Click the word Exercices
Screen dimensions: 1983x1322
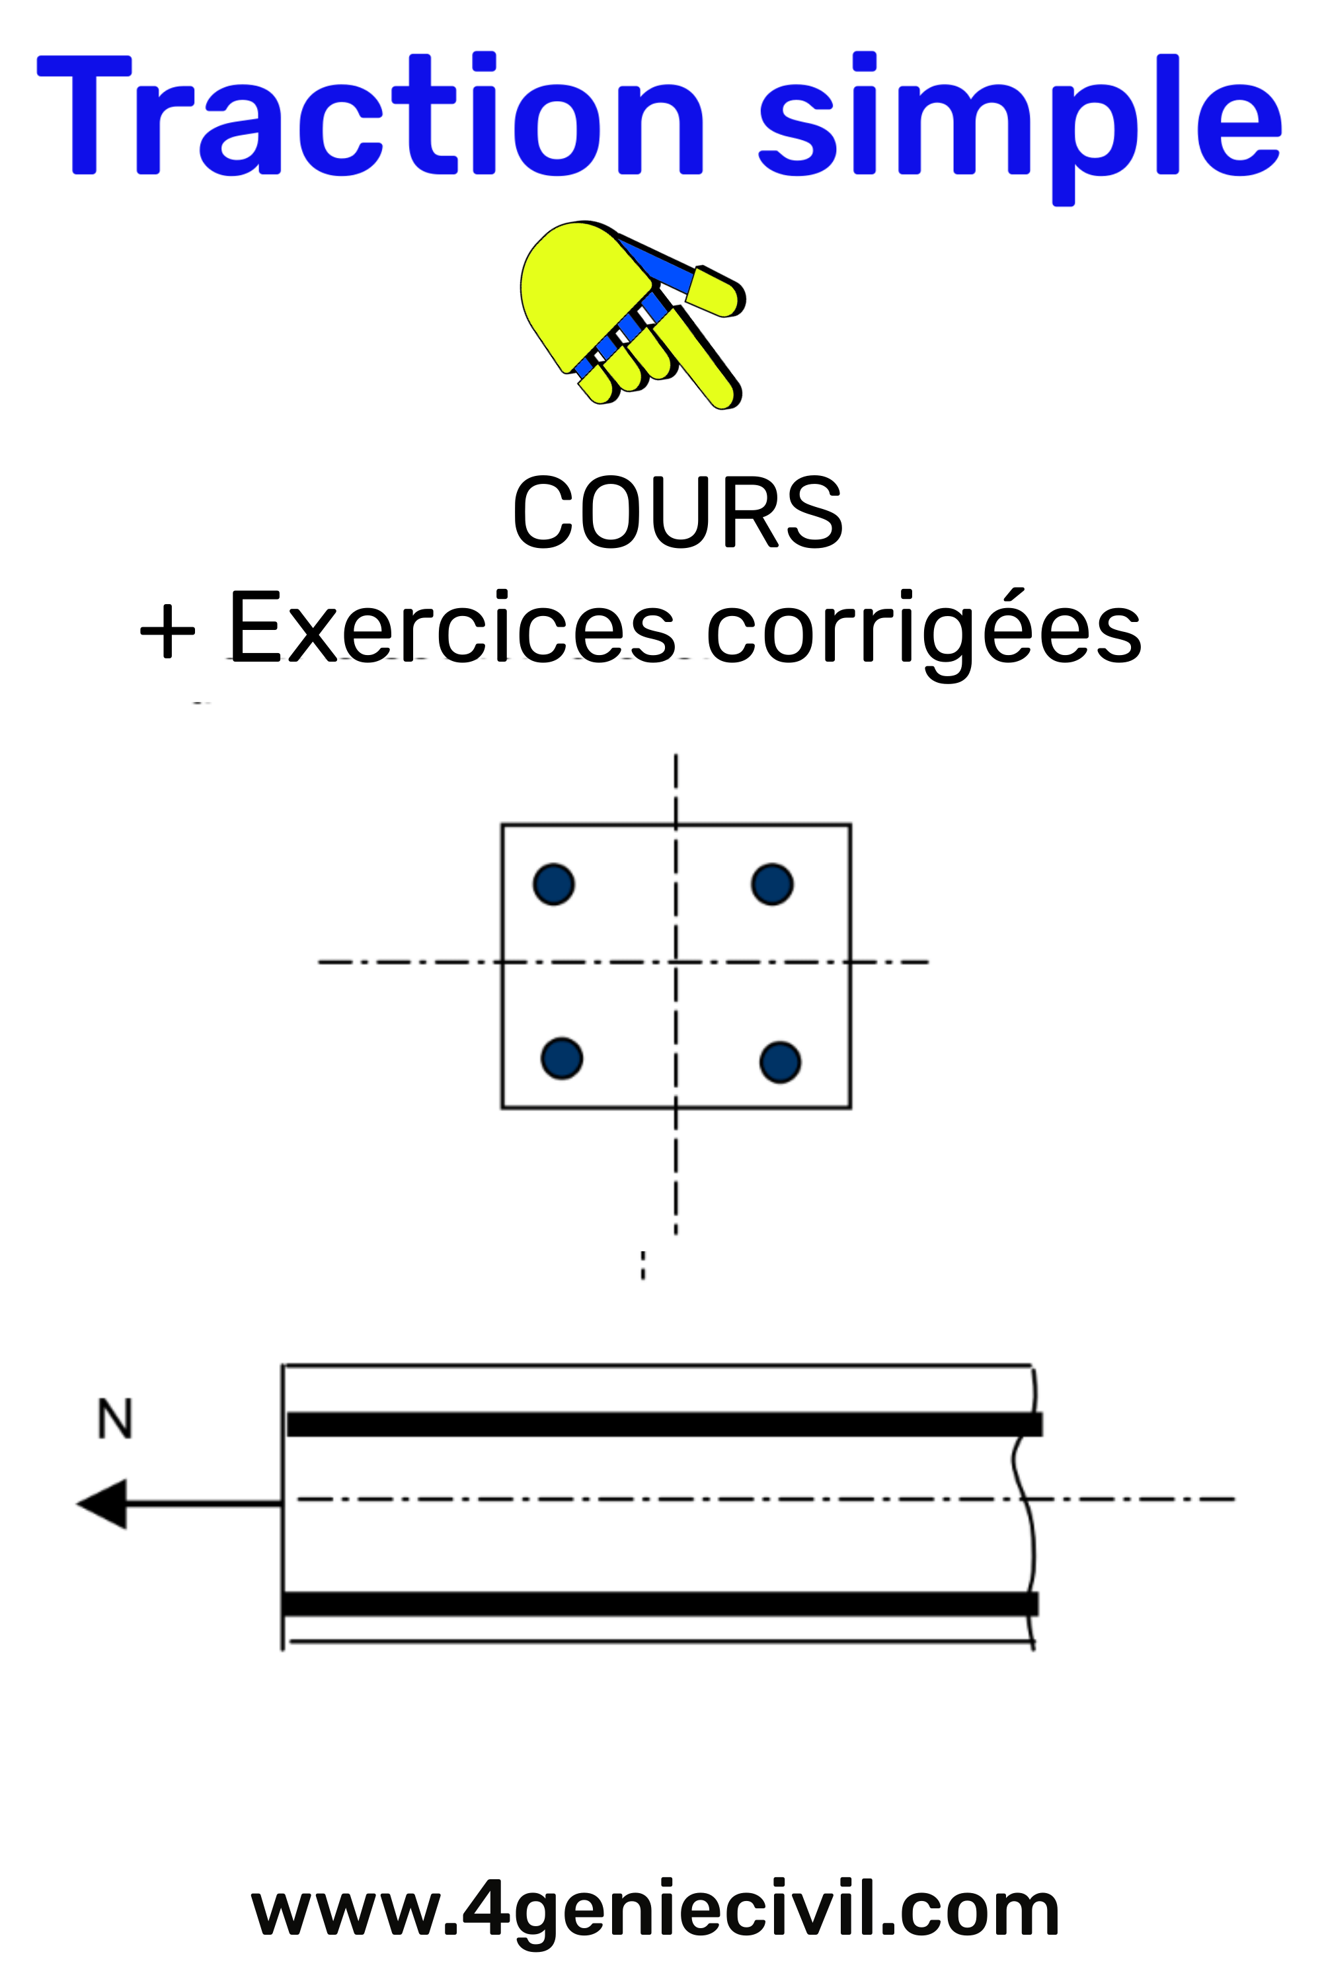pos(451,627)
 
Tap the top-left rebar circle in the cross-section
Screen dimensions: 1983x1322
pos(554,884)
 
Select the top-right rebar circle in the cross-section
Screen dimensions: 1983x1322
pos(771,884)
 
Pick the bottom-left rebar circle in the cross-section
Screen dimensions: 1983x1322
pos(561,1059)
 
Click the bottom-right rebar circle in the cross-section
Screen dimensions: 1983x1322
pos(780,1062)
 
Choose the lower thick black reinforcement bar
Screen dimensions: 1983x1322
pos(660,1604)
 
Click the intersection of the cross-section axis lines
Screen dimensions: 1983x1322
pos(676,962)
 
